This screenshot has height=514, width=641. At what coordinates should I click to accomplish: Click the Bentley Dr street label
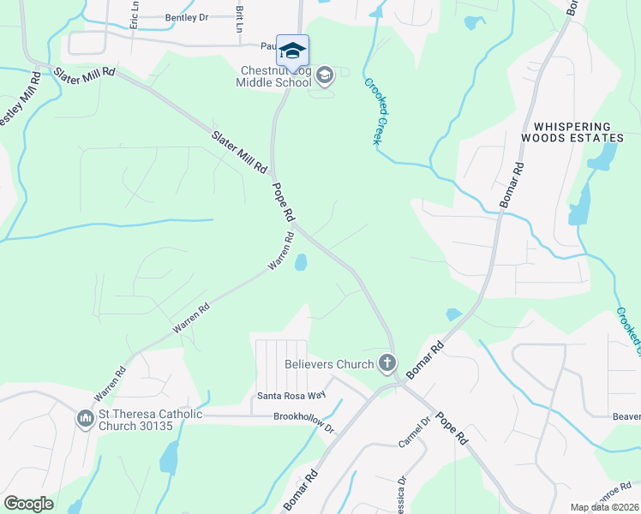tap(186, 17)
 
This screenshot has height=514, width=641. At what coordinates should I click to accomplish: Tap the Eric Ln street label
tap(134, 19)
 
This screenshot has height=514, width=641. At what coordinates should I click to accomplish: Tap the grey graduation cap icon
tap(324, 76)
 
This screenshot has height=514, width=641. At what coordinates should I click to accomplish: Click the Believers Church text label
tap(329, 364)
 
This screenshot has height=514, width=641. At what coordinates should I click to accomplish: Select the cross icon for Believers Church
tap(387, 364)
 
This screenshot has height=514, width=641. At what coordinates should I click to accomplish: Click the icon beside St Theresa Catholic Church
tap(85, 419)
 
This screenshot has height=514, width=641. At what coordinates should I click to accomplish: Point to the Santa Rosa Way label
tap(292, 396)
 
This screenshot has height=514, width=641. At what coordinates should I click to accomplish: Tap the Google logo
tap(29, 504)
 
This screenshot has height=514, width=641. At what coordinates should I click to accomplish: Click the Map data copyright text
tap(605, 507)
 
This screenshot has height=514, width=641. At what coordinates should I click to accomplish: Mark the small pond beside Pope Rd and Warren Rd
tap(301, 262)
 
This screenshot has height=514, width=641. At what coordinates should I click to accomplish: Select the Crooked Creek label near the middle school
tap(373, 111)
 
